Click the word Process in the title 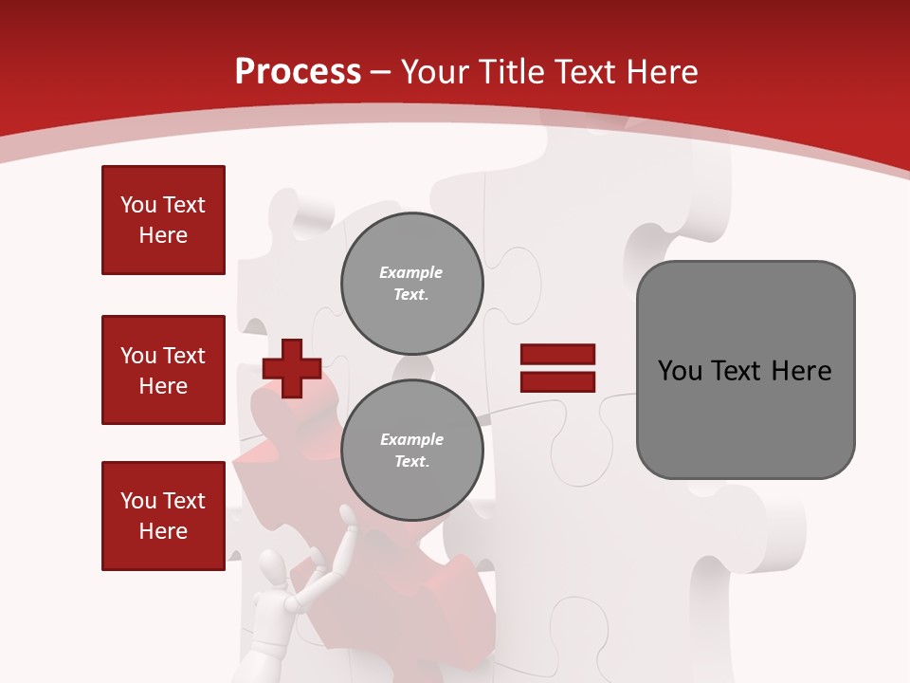click(x=298, y=72)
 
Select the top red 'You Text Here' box click(x=163, y=220)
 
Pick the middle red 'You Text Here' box click(x=163, y=370)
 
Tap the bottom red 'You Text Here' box click(x=163, y=516)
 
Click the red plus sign click(x=292, y=368)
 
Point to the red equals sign click(x=557, y=368)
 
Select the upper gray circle click(x=411, y=284)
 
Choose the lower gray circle click(x=411, y=451)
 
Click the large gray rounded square click(x=745, y=370)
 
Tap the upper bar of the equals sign click(x=557, y=355)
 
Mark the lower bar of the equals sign click(x=557, y=381)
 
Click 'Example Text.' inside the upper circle click(x=411, y=284)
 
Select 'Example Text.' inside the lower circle click(x=411, y=451)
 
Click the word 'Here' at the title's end click(x=664, y=72)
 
